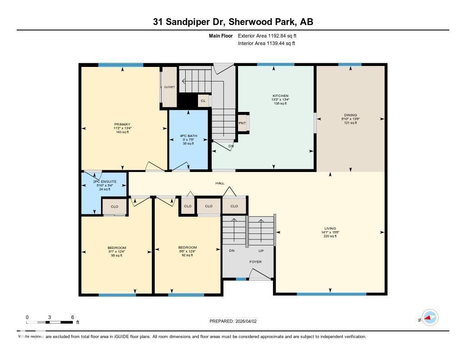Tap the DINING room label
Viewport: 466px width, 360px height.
350,115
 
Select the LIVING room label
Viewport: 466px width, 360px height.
330,228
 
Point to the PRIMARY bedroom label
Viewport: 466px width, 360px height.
122,124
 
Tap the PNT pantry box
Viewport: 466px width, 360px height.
242,123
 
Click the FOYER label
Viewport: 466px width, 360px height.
255,262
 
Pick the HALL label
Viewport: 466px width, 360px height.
220,183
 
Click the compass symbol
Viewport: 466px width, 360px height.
430,318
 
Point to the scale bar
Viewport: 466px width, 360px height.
50,322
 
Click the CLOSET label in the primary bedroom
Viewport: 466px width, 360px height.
169,87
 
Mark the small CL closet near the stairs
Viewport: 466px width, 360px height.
203,101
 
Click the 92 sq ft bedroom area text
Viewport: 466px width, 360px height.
187,255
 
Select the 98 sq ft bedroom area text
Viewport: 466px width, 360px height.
117,255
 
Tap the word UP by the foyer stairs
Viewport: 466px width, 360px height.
261,251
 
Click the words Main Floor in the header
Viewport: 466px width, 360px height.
221,35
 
